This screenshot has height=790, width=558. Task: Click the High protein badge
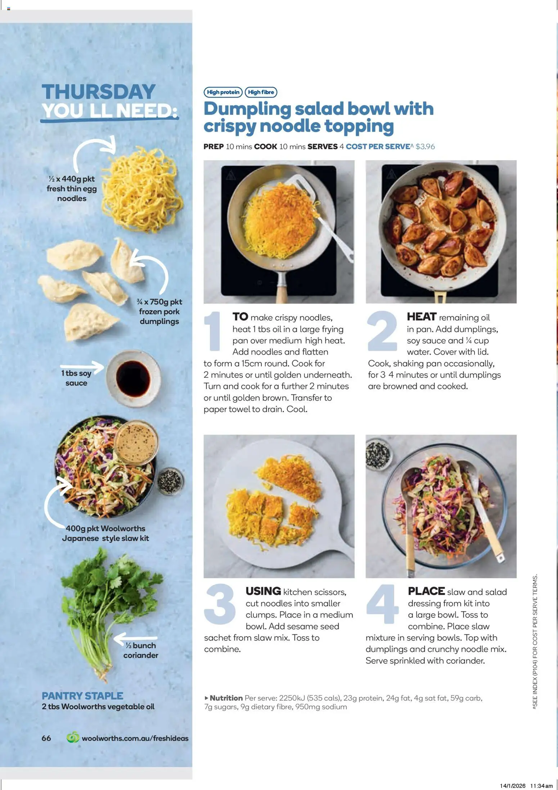[223, 92]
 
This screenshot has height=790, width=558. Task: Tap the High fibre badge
[261, 92]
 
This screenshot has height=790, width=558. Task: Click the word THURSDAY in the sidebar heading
[99, 92]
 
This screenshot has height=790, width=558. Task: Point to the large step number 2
[382, 331]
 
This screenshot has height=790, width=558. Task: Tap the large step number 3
[220, 605]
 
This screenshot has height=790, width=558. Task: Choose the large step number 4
[382, 605]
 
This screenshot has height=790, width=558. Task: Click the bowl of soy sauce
[133, 378]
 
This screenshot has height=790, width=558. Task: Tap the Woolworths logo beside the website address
[73, 738]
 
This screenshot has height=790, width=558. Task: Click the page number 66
[46, 738]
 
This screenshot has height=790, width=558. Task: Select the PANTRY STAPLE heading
[82, 696]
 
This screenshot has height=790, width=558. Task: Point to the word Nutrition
[226, 698]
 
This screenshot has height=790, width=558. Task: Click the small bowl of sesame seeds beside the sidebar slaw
[170, 481]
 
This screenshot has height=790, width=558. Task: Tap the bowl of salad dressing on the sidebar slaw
[137, 442]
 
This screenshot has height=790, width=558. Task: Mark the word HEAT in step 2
[422, 317]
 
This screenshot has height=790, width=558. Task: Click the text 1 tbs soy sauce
[76, 378]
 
